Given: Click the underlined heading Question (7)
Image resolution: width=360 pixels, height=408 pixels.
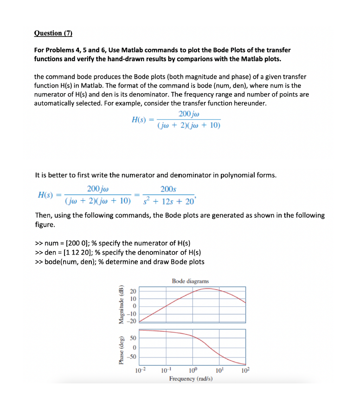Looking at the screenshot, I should (53, 33).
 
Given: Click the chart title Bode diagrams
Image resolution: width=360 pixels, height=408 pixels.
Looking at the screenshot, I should (190, 281).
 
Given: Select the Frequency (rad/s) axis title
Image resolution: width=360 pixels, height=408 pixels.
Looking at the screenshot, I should (191, 379).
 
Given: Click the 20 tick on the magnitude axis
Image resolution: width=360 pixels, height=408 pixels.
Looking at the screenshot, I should (133, 291).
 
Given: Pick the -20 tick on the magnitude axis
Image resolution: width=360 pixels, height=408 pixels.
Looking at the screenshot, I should (132, 321).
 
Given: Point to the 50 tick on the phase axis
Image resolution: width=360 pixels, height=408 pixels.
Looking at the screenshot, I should (133, 339).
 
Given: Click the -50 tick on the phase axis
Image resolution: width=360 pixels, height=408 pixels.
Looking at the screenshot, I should (132, 357).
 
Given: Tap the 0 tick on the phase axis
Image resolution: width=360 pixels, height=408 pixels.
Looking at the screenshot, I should (134, 348).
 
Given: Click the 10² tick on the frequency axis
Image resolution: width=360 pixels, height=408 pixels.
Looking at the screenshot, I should (245, 370).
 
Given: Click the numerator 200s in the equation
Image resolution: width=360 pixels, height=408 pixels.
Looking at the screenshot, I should (168, 189).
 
